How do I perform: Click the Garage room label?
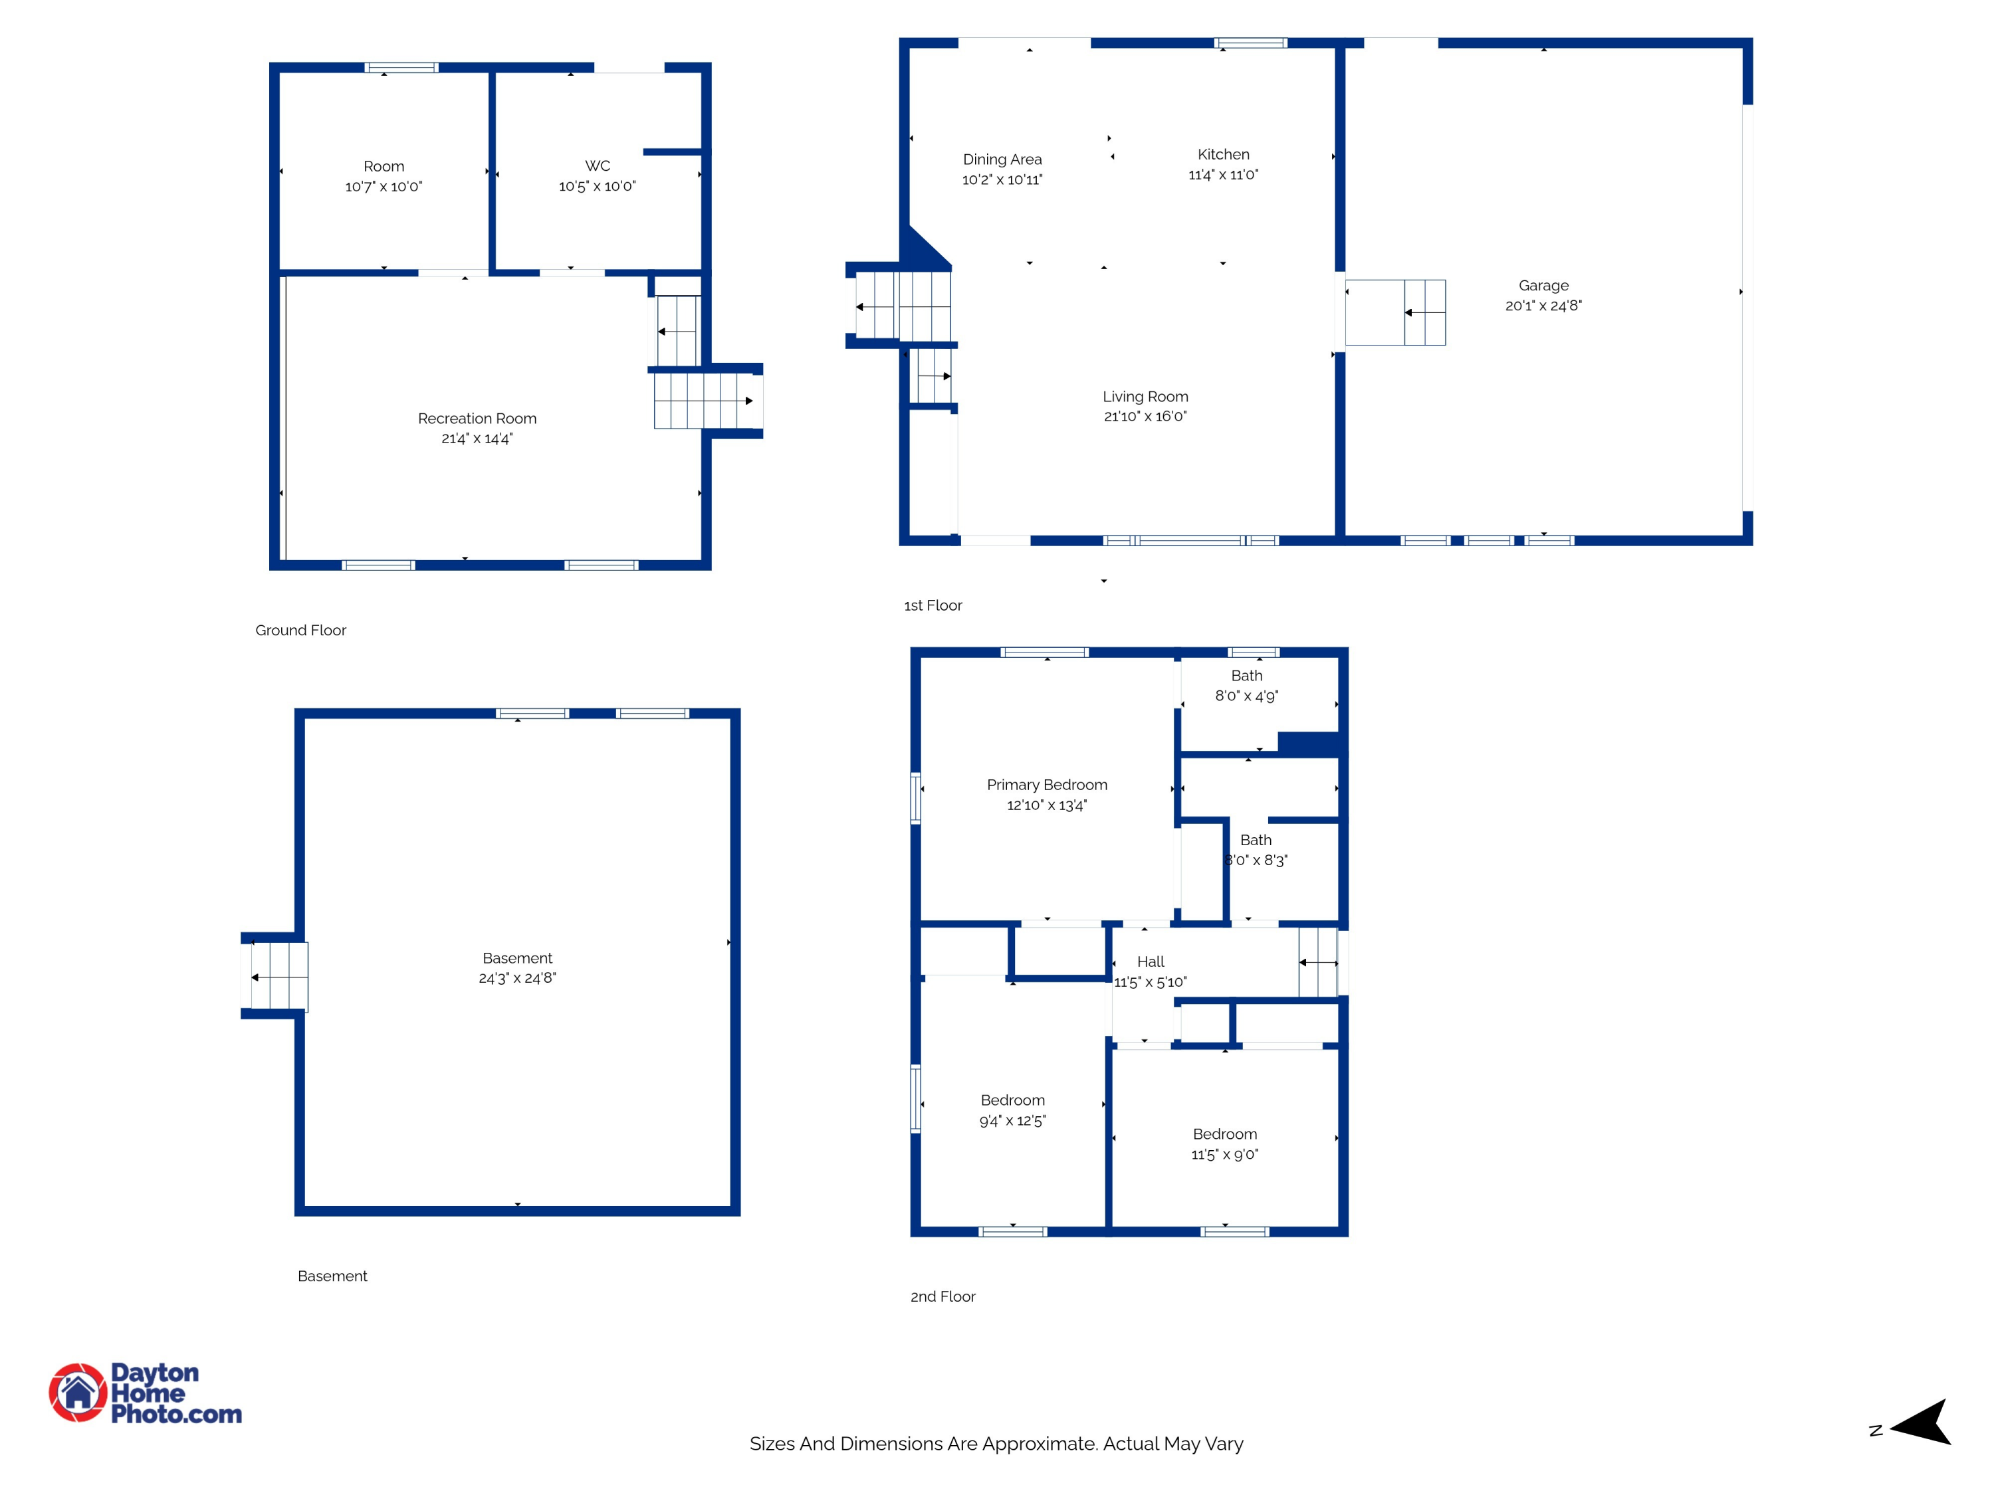(x=1543, y=286)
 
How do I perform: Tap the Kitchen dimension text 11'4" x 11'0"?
(x=1223, y=175)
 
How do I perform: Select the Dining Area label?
(x=1002, y=159)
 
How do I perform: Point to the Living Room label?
(x=1145, y=397)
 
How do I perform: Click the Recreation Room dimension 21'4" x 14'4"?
(x=477, y=439)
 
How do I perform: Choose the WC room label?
(x=597, y=166)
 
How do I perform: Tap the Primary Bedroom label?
(x=1047, y=785)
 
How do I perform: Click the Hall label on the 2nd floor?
(x=1151, y=961)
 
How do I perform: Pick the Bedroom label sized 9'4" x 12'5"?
(x=1012, y=1100)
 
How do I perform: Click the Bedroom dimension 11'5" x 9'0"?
(x=1224, y=1154)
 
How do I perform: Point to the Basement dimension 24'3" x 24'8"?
(x=517, y=978)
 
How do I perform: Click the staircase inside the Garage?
(x=1395, y=313)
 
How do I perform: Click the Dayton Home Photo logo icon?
(x=78, y=1392)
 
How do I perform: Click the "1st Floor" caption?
(x=933, y=605)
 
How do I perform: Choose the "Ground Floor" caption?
(x=300, y=630)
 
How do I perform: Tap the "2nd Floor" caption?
(x=942, y=1297)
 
